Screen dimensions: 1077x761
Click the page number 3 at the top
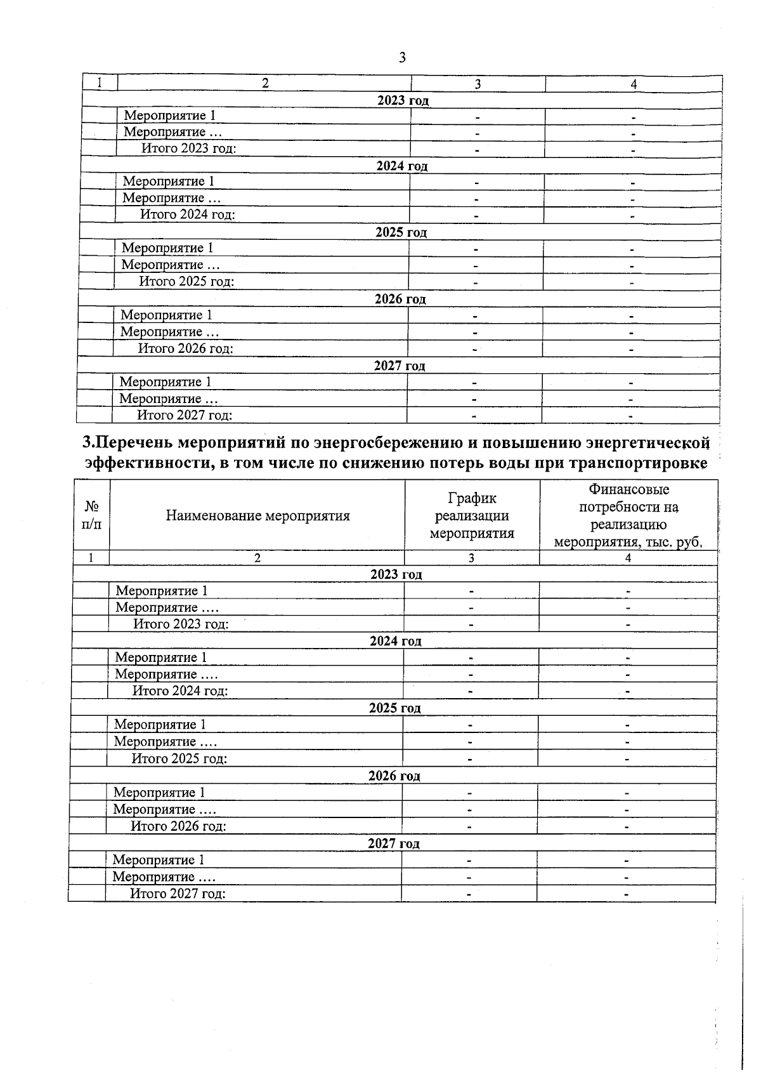[402, 58]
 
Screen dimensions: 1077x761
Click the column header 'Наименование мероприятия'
[257, 515]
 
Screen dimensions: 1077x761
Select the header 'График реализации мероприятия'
[472, 515]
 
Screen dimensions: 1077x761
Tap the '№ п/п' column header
[91, 515]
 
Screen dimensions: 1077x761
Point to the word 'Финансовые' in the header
[628, 489]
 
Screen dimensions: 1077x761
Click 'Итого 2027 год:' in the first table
[185, 415]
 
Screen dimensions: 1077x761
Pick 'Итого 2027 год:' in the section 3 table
[178, 894]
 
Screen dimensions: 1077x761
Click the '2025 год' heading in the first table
[401, 232]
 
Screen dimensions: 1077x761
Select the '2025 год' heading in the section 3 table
[394, 708]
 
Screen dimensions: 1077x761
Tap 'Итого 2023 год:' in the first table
[188, 149]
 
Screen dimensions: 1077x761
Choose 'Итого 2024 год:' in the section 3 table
[179, 691]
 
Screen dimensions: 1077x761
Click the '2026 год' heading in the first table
[400, 299]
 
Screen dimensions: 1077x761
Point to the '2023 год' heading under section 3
[396, 574]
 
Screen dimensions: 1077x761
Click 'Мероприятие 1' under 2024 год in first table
[168, 182]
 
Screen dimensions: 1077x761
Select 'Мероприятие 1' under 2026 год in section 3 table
[159, 793]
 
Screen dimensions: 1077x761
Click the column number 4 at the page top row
[633, 84]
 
